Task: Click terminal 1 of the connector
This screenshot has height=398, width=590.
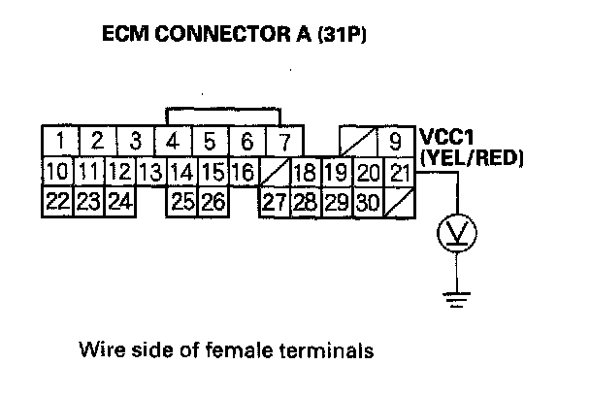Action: click(60, 143)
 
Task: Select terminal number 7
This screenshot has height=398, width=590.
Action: click(284, 143)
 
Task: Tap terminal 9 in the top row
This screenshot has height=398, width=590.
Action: click(395, 143)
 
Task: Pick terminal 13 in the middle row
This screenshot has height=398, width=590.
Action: click(149, 174)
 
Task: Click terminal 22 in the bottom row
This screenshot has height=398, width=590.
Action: click(58, 203)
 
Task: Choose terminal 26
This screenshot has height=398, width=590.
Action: click(213, 203)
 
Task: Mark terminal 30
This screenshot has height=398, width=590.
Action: click(367, 203)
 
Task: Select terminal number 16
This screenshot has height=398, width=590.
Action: click(243, 174)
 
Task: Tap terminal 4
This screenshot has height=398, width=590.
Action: click(172, 143)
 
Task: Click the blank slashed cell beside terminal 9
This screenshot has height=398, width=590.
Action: click(353, 142)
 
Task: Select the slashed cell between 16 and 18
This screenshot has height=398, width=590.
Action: click(274, 174)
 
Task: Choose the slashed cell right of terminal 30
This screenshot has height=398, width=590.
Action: click(398, 203)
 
